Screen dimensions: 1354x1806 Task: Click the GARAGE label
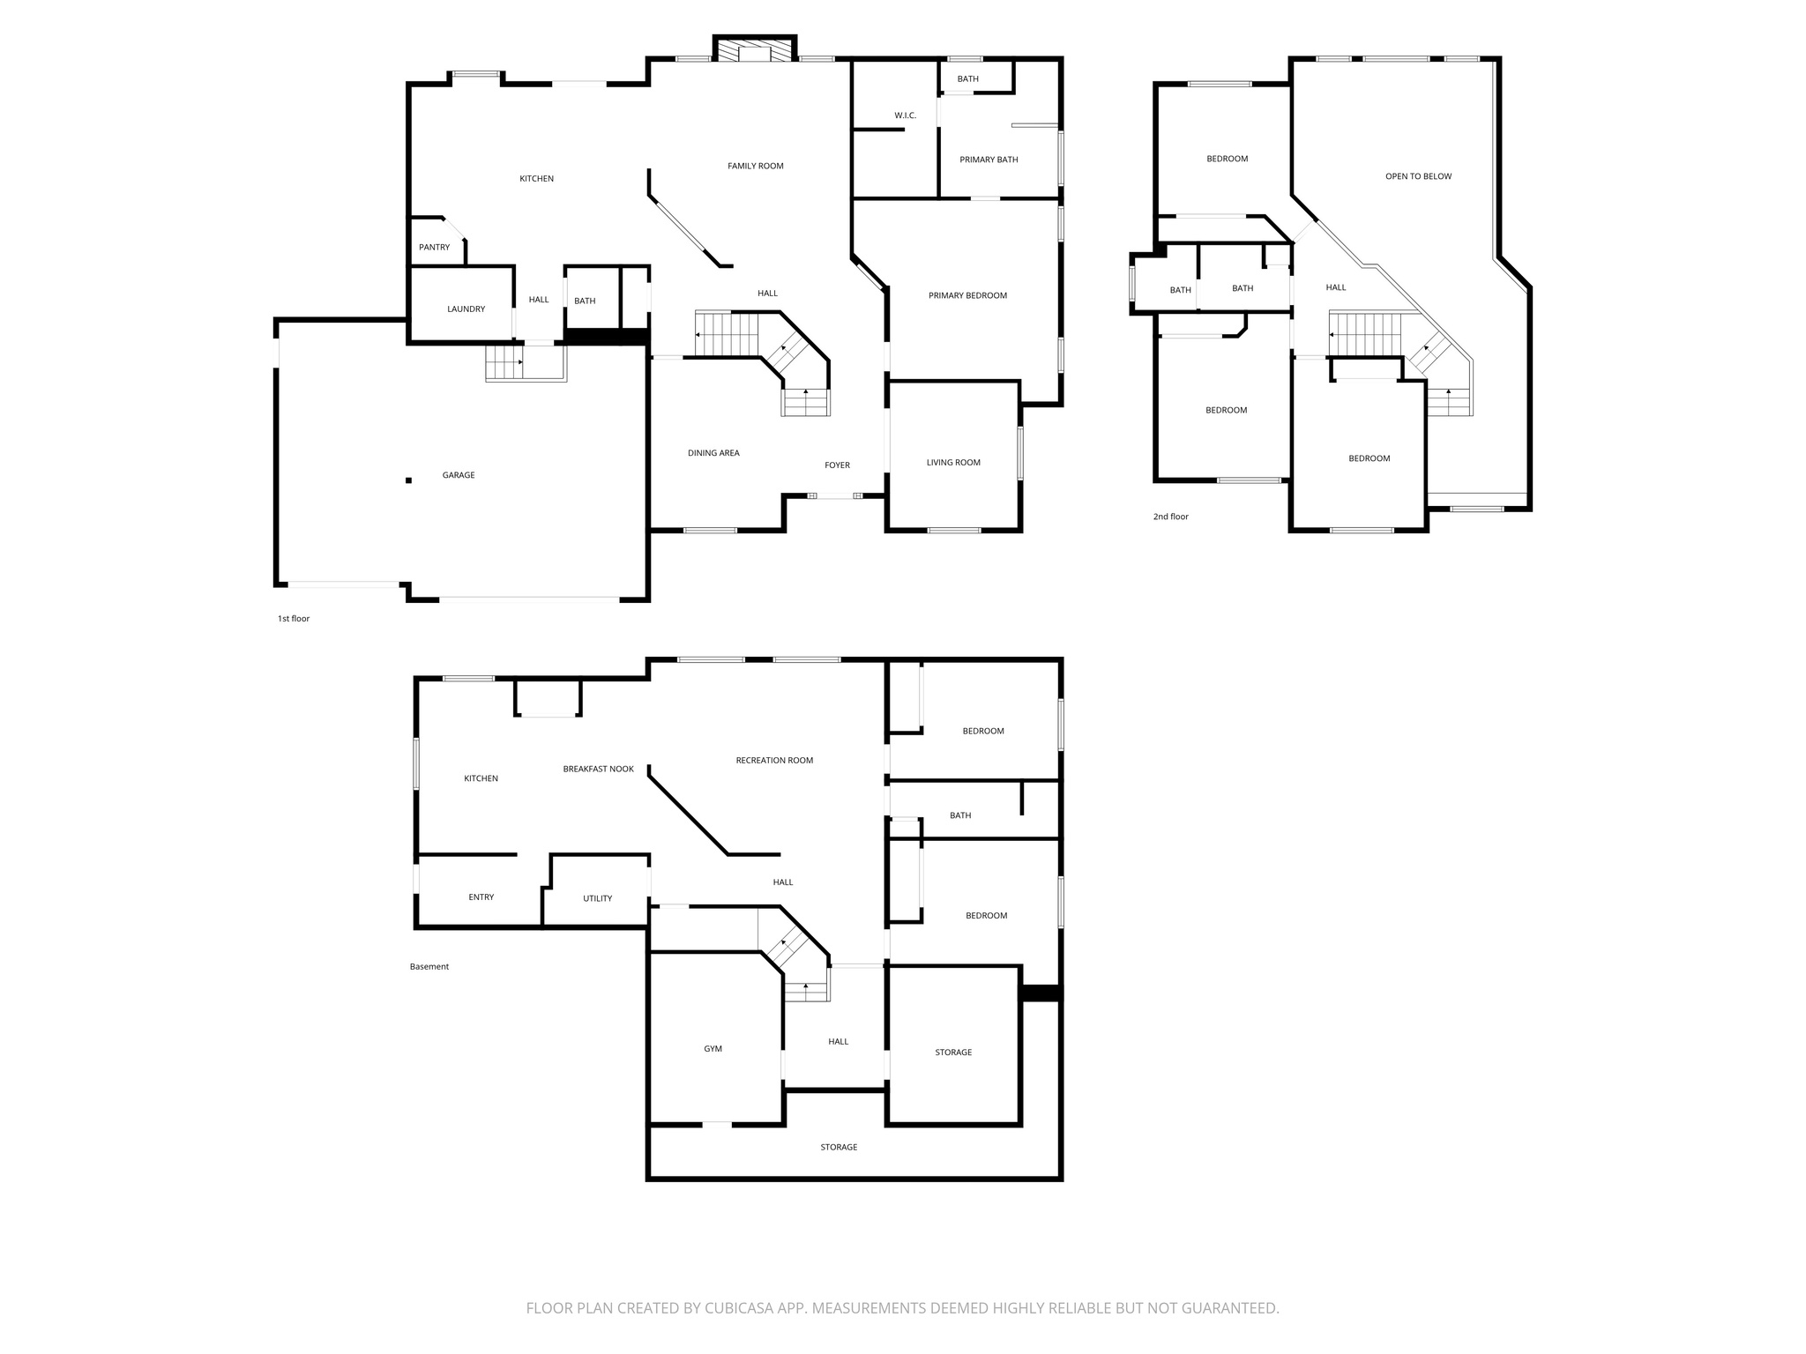click(458, 475)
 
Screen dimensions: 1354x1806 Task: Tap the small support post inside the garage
click(408, 480)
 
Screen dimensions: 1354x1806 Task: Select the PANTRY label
click(434, 248)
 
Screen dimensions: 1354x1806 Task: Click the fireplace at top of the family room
click(754, 52)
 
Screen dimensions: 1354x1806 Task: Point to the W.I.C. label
click(905, 115)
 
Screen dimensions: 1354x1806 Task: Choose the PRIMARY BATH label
click(989, 160)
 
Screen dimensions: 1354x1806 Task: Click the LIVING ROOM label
click(953, 463)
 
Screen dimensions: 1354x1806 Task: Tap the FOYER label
click(837, 465)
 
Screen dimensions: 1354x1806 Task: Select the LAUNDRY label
click(466, 309)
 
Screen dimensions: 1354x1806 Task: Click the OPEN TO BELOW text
click(1418, 176)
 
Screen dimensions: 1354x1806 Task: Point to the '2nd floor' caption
click(1170, 517)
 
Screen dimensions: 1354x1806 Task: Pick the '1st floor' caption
click(294, 619)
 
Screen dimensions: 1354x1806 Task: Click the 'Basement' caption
click(429, 967)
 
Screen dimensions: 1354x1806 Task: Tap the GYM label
click(713, 1049)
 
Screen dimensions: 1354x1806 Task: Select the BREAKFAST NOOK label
click(598, 770)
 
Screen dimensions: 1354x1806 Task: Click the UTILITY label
click(597, 898)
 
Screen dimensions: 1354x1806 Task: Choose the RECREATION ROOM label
click(774, 761)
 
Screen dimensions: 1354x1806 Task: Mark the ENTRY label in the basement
click(481, 897)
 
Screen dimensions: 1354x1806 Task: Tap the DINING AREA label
click(713, 453)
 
